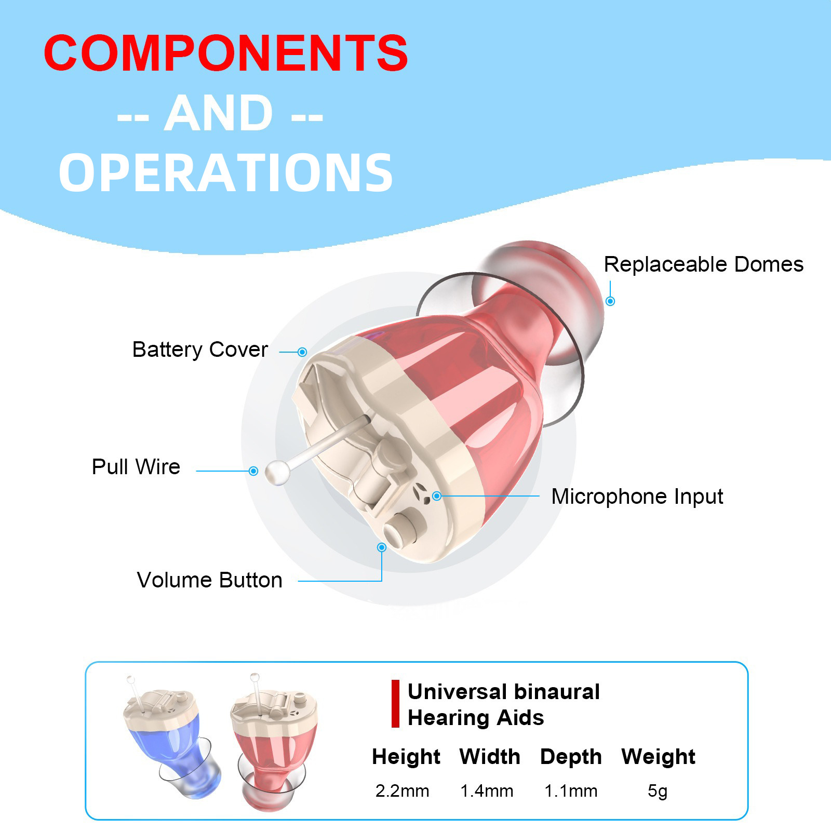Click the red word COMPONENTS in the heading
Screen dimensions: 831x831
click(x=226, y=53)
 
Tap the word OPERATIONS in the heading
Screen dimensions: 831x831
click(x=226, y=172)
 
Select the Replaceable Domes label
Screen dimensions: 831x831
click(x=703, y=264)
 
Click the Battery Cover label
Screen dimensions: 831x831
click(x=200, y=350)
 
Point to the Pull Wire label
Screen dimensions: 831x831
click(x=136, y=467)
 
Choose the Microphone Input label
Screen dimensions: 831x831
click(x=637, y=497)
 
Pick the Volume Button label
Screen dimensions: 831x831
click(x=209, y=580)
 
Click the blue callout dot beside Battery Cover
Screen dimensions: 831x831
click(x=302, y=352)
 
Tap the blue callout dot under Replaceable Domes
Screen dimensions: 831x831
click(x=611, y=301)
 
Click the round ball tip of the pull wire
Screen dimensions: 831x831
click(x=277, y=472)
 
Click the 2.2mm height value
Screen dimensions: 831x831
click(x=402, y=791)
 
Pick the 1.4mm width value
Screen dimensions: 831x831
click(x=487, y=791)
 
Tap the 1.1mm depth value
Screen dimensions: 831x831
click(x=571, y=791)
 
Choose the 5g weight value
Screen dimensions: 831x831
click(x=657, y=791)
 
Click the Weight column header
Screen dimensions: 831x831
click(x=658, y=757)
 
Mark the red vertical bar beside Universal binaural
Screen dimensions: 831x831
click(x=395, y=704)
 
